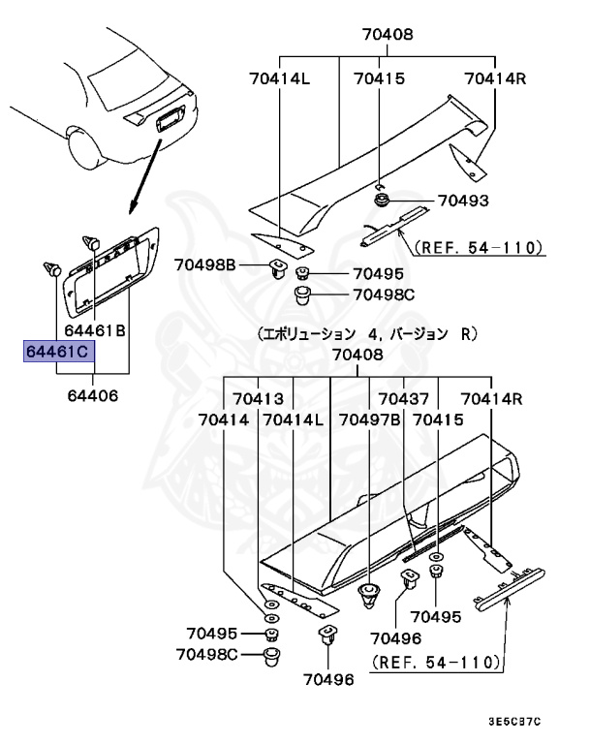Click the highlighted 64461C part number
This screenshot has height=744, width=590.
click(61, 350)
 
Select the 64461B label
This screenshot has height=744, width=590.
click(94, 330)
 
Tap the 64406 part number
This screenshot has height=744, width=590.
click(94, 395)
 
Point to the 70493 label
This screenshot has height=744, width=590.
click(462, 201)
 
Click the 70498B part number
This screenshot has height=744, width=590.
click(205, 264)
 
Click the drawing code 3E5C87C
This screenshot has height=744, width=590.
click(514, 722)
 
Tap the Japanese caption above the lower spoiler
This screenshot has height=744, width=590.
click(367, 334)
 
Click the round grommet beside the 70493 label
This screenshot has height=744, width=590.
click(382, 201)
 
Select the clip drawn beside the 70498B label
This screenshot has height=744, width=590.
click(277, 266)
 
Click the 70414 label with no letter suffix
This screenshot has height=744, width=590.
click(224, 420)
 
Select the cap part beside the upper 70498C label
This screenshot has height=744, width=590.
click(302, 293)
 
